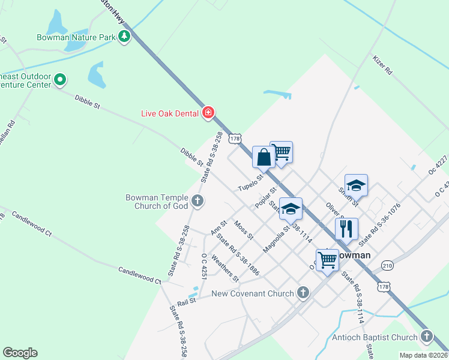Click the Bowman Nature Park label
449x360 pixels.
pos(83,37)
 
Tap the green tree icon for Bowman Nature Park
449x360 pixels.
pos(124,37)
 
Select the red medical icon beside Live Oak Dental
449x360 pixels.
pos(209,112)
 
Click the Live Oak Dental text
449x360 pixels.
pos(170,113)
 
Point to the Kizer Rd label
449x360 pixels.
pos(382,65)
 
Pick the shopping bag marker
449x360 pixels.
pos(264,158)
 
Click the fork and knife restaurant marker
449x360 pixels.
pos(346,228)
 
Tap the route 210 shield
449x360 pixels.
pos(387,265)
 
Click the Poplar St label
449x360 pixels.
pos(265,197)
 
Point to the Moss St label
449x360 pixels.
pos(244,230)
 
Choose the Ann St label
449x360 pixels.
pos(218,227)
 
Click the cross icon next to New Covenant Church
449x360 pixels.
pos(304,293)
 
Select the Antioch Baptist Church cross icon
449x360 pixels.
pos(427,337)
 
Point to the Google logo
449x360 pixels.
pos(20,353)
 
